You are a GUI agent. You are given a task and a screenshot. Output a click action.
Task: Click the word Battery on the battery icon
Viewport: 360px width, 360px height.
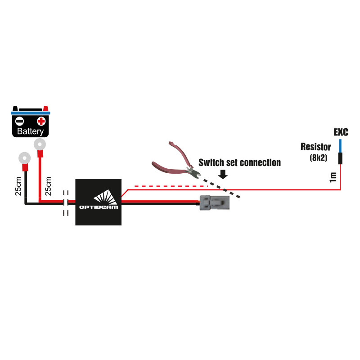pos(31,132)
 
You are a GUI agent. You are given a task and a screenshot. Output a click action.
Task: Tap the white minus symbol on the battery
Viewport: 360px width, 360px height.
pos(19,121)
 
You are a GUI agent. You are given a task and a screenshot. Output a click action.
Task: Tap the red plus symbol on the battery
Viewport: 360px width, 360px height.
pos(41,121)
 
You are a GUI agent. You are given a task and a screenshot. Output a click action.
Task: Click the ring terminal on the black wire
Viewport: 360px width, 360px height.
pos(23,158)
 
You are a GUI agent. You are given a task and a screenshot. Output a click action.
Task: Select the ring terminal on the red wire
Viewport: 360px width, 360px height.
pos(40,144)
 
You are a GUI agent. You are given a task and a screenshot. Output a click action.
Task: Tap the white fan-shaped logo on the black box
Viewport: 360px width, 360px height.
pos(104,197)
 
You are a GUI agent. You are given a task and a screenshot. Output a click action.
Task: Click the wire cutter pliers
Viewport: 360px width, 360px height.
pos(175,160)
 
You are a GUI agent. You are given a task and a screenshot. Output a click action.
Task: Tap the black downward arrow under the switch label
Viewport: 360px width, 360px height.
pos(222,175)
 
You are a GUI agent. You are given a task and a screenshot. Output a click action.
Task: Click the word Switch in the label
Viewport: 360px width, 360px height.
pos(211,162)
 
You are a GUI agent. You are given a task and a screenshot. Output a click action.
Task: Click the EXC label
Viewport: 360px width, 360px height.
pos(341,133)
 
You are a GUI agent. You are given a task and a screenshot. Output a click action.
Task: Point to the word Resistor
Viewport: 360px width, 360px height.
pos(315,147)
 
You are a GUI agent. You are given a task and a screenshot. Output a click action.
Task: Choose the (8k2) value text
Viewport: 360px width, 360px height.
pos(318,157)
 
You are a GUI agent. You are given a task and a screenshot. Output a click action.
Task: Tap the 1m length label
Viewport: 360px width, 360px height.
pos(333,176)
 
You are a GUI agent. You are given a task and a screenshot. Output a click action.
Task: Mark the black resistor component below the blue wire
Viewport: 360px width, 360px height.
pos(340,158)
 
